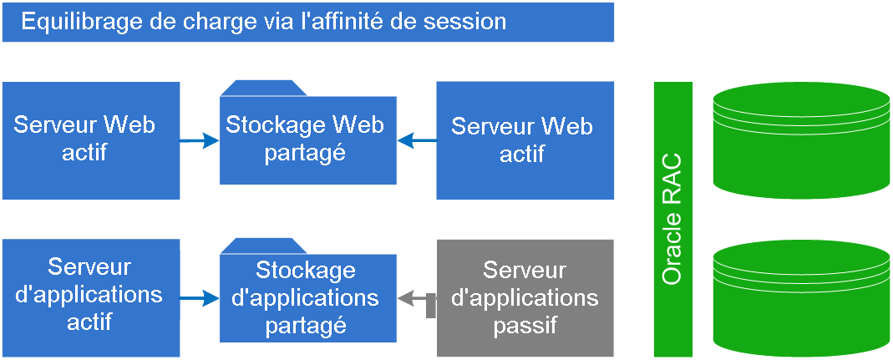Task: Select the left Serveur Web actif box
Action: [x=90, y=139]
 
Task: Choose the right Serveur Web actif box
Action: [x=525, y=139]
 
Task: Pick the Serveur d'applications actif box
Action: [x=90, y=294]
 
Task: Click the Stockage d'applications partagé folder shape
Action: [x=307, y=297]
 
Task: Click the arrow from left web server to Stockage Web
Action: [x=200, y=141]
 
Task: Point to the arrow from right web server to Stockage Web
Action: [x=416, y=141]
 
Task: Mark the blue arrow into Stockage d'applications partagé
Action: [x=200, y=297]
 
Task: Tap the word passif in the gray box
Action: [x=525, y=325]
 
